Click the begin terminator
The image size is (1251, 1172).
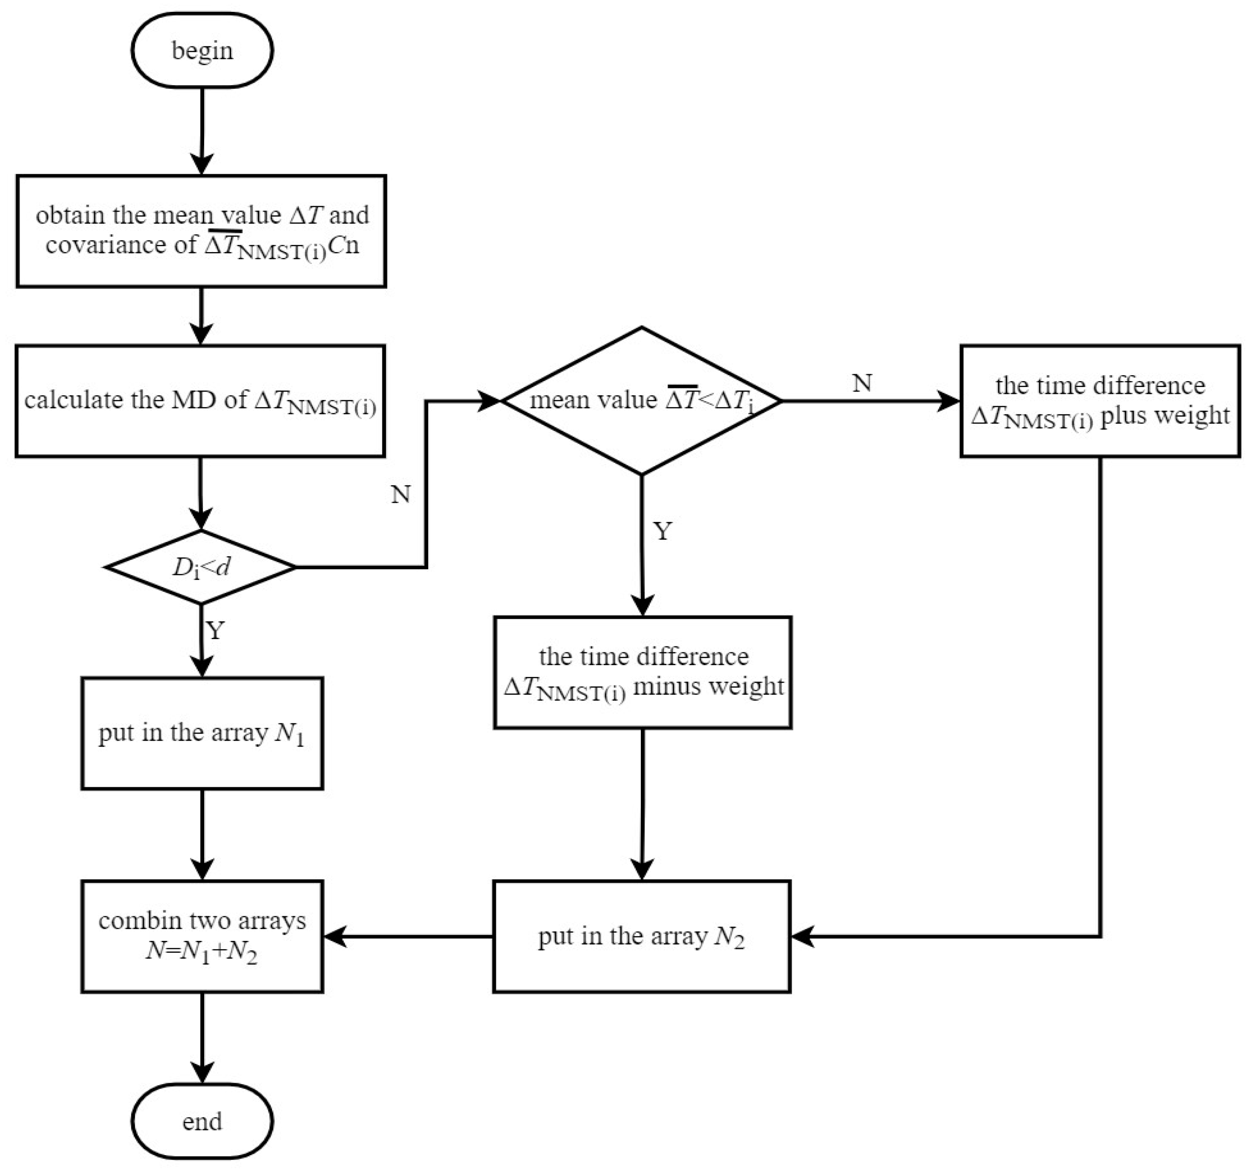[202, 50]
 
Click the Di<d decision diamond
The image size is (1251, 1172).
[201, 567]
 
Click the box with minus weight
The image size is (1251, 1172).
[643, 672]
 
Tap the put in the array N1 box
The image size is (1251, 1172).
[202, 733]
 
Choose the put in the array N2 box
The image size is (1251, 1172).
[641, 937]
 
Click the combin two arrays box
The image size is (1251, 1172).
[202, 937]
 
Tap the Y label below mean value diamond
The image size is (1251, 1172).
[663, 532]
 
